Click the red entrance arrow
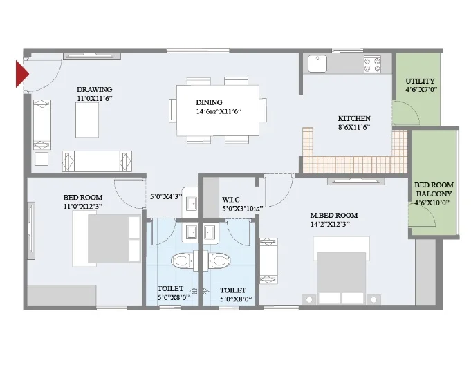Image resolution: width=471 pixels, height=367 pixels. click(21, 74)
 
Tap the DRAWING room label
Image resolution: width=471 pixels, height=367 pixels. click(94, 89)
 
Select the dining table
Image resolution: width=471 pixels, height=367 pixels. click(218, 111)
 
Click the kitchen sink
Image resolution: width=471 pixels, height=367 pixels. click(317, 64)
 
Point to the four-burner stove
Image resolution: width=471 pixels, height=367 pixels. click(372, 64)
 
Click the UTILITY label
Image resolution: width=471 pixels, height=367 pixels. click(420, 81)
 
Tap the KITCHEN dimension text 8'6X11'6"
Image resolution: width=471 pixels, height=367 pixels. click(354, 127)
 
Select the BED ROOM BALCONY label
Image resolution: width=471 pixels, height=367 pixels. click(434, 189)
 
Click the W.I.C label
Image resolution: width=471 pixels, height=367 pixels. click(231, 200)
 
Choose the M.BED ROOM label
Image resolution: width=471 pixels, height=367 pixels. click(334, 215)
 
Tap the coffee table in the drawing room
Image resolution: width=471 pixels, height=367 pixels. click(87, 120)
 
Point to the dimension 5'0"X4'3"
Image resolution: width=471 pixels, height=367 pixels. click(166, 197)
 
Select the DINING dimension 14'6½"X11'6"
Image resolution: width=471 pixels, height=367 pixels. click(219, 112)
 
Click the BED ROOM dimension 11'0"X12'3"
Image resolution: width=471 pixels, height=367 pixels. click(83, 207)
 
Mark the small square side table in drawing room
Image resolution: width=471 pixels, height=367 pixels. click(41, 159)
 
